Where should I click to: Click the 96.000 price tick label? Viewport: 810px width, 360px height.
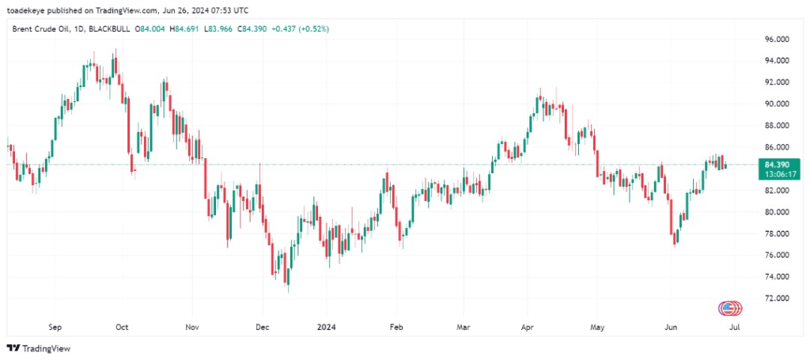[x=775, y=39]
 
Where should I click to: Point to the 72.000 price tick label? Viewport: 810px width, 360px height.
[x=775, y=298]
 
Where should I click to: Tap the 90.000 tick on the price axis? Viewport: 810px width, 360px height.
[x=775, y=104]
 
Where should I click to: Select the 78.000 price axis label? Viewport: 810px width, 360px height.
[x=775, y=233]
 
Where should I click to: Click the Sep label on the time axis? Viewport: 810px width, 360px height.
[x=55, y=325]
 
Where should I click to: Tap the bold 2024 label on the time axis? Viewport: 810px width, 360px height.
[x=326, y=325]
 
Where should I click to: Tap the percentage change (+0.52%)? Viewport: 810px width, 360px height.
[x=312, y=28]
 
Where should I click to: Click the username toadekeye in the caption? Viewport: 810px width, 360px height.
[x=29, y=9]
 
